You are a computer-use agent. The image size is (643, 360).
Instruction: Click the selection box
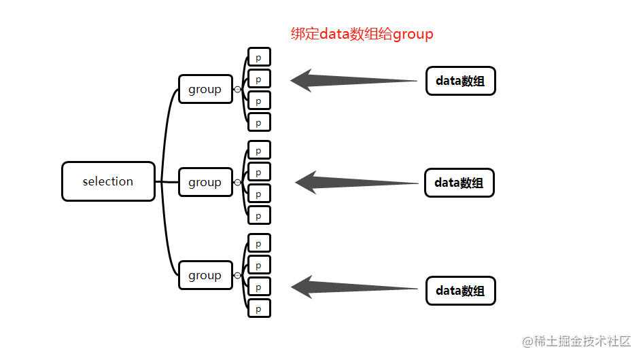point(108,181)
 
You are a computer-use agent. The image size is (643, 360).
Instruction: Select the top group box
point(205,89)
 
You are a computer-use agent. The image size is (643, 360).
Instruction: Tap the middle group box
point(205,182)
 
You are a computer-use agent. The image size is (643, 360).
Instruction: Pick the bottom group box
point(205,275)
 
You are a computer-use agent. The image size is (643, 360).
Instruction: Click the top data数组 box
point(460,81)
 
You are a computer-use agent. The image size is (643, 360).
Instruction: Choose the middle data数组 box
point(459,183)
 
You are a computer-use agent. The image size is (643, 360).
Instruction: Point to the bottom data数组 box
point(460,291)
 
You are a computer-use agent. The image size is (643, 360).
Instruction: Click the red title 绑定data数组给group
point(362,34)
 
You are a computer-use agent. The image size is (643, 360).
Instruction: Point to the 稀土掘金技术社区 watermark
point(576,340)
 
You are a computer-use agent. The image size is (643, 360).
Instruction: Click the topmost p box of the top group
point(259,57)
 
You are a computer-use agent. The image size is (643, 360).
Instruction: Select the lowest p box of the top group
point(259,122)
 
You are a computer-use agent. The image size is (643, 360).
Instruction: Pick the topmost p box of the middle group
point(259,150)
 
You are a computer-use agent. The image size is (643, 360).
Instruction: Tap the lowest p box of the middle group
point(259,215)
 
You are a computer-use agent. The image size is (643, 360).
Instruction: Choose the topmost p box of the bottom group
point(259,243)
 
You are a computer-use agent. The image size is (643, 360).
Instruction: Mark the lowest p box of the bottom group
point(259,308)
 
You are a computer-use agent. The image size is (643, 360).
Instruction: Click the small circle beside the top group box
point(237,89)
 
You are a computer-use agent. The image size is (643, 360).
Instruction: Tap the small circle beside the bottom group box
point(237,275)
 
